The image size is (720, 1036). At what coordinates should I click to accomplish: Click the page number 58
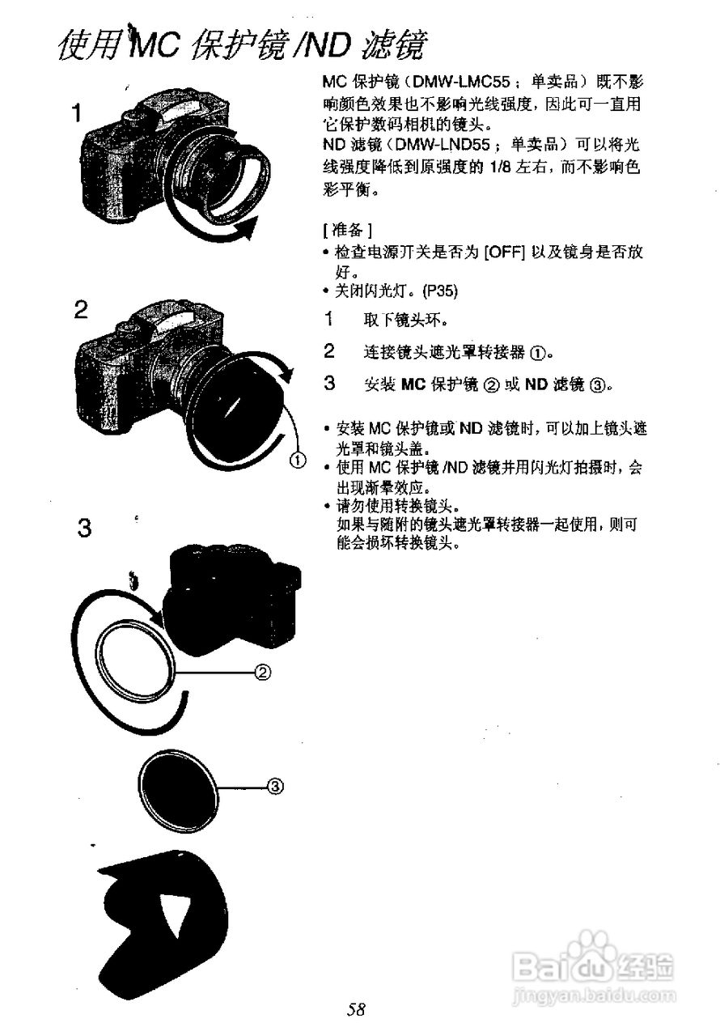(x=358, y=1009)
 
